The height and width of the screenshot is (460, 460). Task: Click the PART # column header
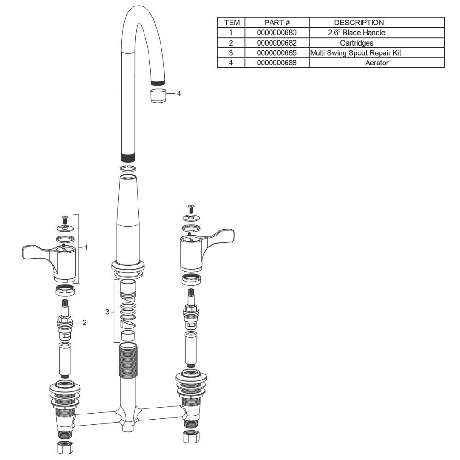277,23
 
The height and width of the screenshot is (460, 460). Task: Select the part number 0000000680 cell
276,33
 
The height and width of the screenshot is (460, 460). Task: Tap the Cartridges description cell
356,43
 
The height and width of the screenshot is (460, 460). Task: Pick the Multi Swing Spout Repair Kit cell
356,53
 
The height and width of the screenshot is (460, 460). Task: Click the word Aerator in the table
377,63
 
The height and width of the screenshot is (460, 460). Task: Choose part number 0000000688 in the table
276,63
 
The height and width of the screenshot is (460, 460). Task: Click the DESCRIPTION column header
359,23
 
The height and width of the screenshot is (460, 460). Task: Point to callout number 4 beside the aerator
178,93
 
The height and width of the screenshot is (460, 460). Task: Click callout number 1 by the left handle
86,247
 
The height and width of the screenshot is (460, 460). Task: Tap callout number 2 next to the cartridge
85,322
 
